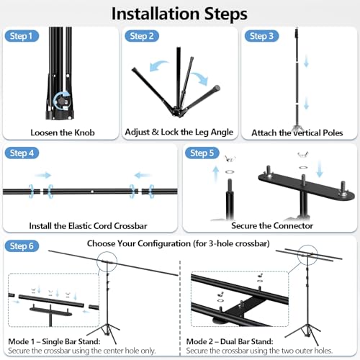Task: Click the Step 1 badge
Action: click(x=22, y=36)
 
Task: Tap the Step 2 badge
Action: click(x=142, y=36)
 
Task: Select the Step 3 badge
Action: click(x=261, y=36)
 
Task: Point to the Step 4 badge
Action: click(x=22, y=153)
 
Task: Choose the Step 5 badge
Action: click(x=202, y=153)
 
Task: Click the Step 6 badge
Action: click(x=22, y=246)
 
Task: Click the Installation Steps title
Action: click(x=179, y=14)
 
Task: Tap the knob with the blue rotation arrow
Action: click(x=63, y=101)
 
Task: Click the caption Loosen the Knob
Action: click(x=63, y=132)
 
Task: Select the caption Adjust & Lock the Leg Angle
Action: click(x=179, y=132)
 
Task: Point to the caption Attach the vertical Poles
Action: click(x=297, y=132)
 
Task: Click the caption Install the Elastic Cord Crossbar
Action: click(x=88, y=226)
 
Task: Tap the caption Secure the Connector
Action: click(x=272, y=225)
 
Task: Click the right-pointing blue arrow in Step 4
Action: click(x=43, y=176)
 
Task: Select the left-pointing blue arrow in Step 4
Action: click(x=143, y=176)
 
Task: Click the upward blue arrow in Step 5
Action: click(x=216, y=174)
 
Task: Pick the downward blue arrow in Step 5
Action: click(x=320, y=169)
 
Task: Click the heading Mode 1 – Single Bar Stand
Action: click(x=54, y=341)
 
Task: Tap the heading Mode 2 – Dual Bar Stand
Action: click(x=230, y=341)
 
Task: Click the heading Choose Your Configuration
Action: click(x=179, y=243)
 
